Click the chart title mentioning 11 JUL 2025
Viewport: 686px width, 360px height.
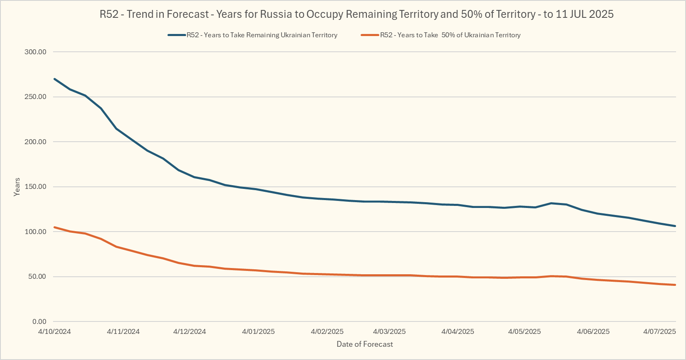coord(356,14)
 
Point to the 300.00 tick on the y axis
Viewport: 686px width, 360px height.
coord(36,52)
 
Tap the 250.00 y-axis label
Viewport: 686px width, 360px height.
coord(36,97)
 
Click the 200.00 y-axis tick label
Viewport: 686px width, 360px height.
coord(36,142)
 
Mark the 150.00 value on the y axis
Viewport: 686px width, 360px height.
coord(36,187)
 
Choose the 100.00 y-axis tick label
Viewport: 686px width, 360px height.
coord(36,232)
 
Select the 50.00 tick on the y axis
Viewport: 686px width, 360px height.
coord(37,277)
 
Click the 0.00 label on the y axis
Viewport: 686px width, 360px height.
coord(39,321)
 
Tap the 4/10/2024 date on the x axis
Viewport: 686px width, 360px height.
coord(54,331)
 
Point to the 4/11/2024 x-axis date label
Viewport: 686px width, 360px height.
coord(123,331)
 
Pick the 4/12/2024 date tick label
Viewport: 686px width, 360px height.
coord(189,331)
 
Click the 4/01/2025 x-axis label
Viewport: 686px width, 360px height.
coord(258,331)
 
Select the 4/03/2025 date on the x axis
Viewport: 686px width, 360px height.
coord(389,331)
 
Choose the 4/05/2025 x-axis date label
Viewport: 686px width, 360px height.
coord(524,331)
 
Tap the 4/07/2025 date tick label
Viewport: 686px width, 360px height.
coord(659,331)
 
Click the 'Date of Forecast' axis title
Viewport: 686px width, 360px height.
coord(365,344)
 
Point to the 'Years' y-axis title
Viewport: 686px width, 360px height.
coord(17,187)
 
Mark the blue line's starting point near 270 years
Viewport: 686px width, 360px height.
coord(55,79)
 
